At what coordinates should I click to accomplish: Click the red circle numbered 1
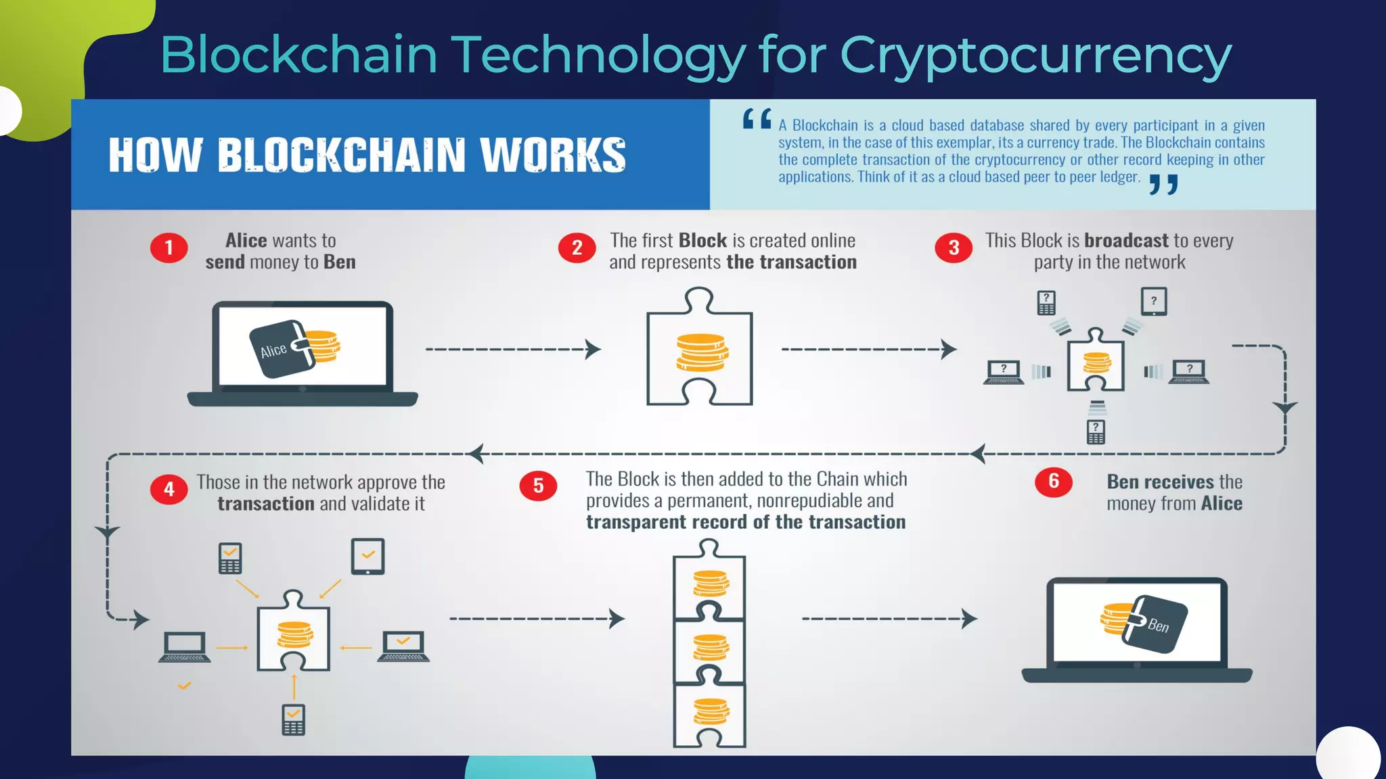[169, 248]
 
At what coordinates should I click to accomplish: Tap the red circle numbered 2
[577, 248]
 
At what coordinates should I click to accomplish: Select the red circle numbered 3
[953, 248]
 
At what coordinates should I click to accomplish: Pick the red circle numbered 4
[169, 490]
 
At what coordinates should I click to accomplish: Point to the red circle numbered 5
[538, 486]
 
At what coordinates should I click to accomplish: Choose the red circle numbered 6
[1053, 481]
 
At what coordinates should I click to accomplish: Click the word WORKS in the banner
[553, 155]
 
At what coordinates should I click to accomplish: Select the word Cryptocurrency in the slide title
[1035, 55]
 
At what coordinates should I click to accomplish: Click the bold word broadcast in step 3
[1126, 241]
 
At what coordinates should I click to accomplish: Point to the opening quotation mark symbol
[757, 119]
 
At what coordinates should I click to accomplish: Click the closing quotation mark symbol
[1164, 184]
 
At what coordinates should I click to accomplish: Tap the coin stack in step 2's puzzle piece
[702, 352]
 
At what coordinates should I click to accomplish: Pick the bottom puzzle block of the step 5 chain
[709, 713]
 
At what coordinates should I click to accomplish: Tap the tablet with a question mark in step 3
[1153, 302]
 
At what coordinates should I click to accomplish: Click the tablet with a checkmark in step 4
[367, 557]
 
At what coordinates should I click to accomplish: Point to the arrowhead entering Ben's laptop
[970, 619]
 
